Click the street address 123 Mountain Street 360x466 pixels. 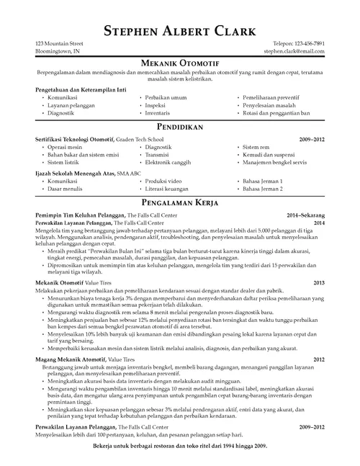[x=63, y=45]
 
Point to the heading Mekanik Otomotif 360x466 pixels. [x=180, y=64]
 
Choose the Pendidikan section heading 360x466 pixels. [x=180, y=126]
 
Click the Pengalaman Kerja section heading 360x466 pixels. [x=180, y=204]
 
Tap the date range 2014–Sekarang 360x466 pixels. [x=305, y=215]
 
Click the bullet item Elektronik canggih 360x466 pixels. [x=167, y=163]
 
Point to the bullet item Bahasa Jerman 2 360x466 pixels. [x=263, y=189]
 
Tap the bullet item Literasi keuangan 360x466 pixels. [x=168, y=189]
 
